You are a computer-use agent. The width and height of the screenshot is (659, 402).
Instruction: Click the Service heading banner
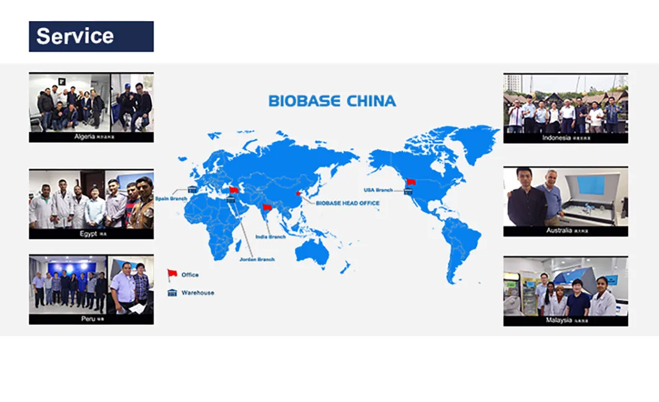[91, 36]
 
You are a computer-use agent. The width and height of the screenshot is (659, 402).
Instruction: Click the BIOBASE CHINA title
[332, 101]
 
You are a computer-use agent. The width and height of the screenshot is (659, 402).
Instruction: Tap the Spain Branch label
[171, 199]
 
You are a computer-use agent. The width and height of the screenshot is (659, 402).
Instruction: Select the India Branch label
[270, 237]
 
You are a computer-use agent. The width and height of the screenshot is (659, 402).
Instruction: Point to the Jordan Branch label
[257, 259]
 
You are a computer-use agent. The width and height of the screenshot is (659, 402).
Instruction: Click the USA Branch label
[378, 190]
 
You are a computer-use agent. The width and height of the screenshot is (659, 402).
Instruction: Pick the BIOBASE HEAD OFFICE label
[348, 203]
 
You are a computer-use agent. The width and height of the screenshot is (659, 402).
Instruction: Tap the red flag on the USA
[411, 182]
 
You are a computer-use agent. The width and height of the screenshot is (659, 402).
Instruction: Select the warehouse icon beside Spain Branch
[192, 190]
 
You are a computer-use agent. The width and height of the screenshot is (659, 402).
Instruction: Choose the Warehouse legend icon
[172, 292]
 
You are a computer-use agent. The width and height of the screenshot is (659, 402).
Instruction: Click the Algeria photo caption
[91, 137]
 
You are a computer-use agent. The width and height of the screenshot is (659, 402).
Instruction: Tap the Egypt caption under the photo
[91, 234]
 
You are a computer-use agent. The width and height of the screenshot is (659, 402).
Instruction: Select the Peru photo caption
[91, 319]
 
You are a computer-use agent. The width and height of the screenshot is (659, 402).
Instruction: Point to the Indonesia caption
[565, 138]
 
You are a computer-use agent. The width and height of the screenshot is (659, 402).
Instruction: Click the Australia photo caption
[565, 231]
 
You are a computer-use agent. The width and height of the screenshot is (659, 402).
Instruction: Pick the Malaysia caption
[565, 320]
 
